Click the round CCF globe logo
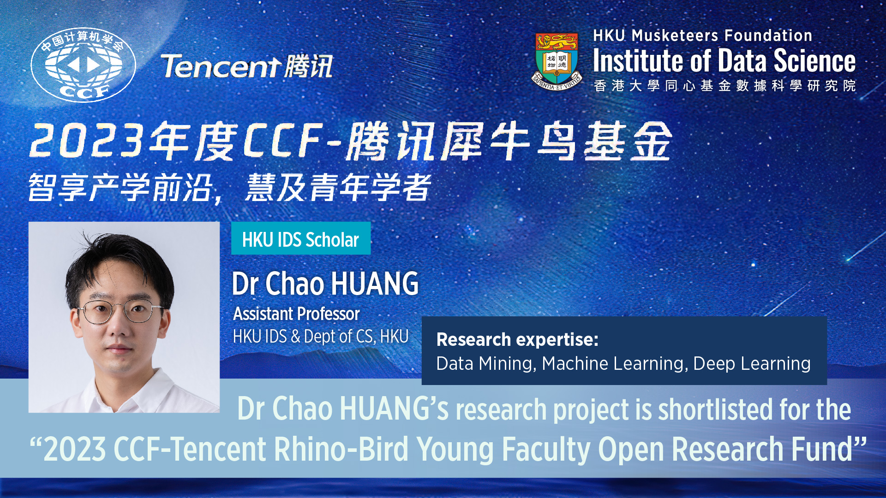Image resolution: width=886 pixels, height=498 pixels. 84,65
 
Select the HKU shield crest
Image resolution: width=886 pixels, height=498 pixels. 557,61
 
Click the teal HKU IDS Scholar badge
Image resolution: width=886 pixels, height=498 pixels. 301,238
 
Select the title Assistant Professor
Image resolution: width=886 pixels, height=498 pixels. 296,314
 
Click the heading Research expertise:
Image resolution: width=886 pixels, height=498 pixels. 517,340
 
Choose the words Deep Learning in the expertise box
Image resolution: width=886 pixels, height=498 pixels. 752,364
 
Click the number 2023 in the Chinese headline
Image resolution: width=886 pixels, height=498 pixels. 87,141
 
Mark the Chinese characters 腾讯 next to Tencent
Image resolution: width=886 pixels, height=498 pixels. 308,66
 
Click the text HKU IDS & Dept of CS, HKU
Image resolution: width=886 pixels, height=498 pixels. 321,337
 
